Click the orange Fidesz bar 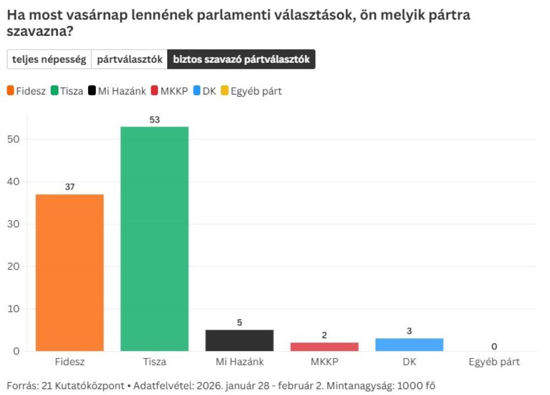pyautogui.click(x=69, y=272)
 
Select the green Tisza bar pyautogui.click(x=155, y=239)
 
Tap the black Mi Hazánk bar pyautogui.click(x=239, y=341)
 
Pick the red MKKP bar pyautogui.click(x=324, y=347)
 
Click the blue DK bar pyautogui.click(x=409, y=345)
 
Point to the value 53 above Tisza pyautogui.click(x=155, y=119)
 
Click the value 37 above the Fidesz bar pyautogui.click(x=69, y=187)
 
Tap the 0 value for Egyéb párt pyautogui.click(x=494, y=346)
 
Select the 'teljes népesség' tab pyautogui.click(x=49, y=59)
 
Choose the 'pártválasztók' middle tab pyautogui.click(x=130, y=59)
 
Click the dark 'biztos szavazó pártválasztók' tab pyautogui.click(x=241, y=59)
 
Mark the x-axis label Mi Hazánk pyautogui.click(x=239, y=362)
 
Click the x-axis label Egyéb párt pyautogui.click(x=494, y=362)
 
